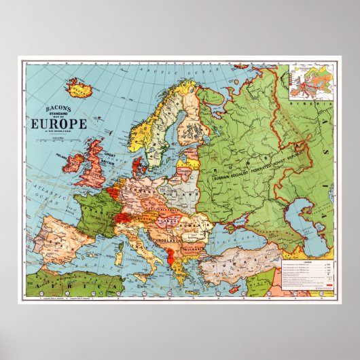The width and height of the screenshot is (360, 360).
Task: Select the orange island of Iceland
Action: (79, 88)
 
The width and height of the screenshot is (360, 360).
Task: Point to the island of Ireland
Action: (73, 163)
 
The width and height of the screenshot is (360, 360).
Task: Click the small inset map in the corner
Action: (308, 82)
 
